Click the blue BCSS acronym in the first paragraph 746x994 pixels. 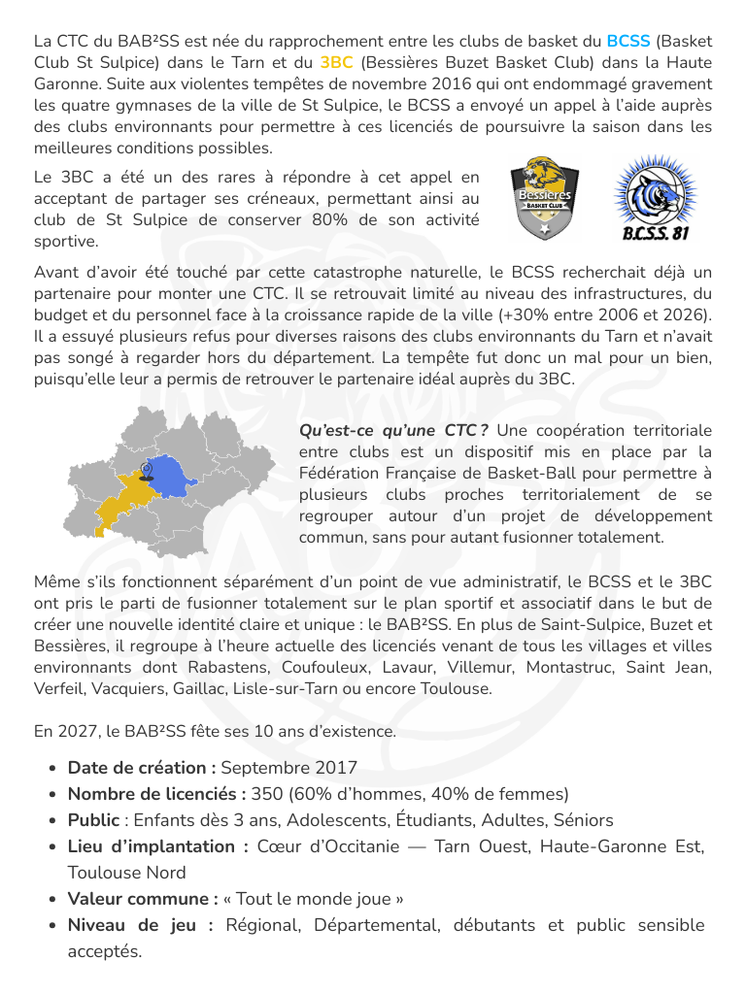[628, 42]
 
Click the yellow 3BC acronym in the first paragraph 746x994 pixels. [336, 63]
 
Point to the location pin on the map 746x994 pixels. [146, 471]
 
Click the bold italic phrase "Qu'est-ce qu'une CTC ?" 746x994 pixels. [392, 431]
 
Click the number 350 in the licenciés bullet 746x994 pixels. [266, 794]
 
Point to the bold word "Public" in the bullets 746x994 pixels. [93, 820]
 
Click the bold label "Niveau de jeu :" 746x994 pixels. [140, 925]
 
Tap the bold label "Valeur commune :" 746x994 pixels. [143, 899]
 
